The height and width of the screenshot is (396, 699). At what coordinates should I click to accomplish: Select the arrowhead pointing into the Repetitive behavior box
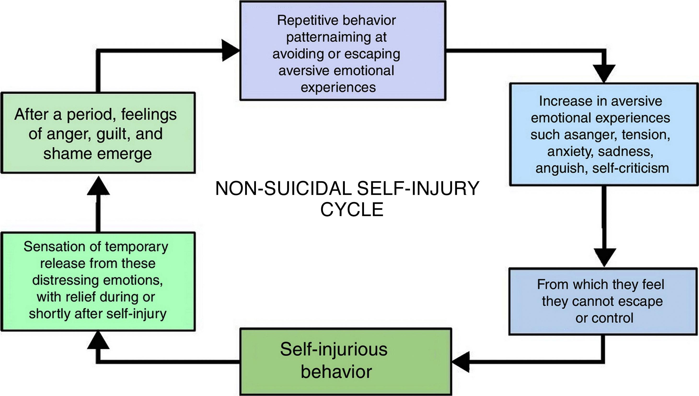pos(230,50)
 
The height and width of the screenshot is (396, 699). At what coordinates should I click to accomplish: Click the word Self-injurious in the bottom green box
pos(334,349)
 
